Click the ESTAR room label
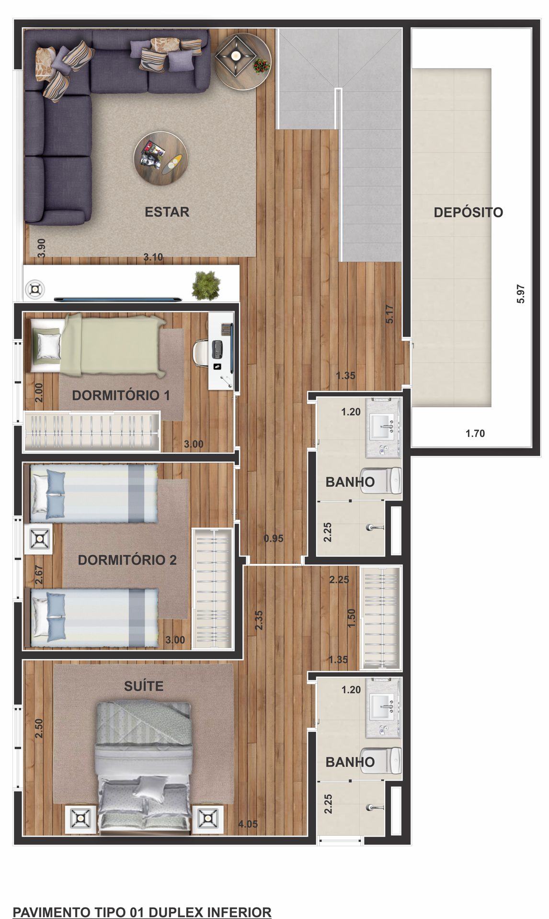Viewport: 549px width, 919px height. pyautogui.click(x=167, y=212)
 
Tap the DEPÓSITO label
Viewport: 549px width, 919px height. pyautogui.click(x=468, y=213)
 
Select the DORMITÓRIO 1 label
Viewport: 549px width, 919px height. pyautogui.click(x=121, y=395)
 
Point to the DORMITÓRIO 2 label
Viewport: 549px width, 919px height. pyautogui.click(x=127, y=560)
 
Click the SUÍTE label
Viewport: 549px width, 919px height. pyautogui.click(x=144, y=686)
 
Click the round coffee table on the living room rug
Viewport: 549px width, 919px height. pyautogui.click(x=160, y=158)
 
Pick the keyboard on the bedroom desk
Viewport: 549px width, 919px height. pyautogui.click(x=217, y=349)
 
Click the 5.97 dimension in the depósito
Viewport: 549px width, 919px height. pyautogui.click(x=521, y=294)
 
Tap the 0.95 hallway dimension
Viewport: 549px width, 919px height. pyautogui.click(x=274, y=538)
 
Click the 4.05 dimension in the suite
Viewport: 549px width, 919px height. pyautogui.click(x=248, y=824)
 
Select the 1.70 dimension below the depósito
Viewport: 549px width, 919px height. pyautogui.click(x=475, y=434)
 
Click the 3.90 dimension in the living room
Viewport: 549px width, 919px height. pyautogui.click(x=42, y=249)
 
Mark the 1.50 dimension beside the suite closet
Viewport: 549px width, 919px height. pyautogui.click(x=351, y=618)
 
